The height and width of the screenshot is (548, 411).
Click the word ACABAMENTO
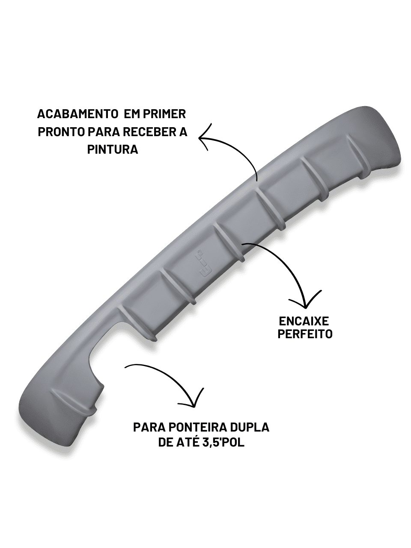point(77,114)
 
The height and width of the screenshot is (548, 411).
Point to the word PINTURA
point(113,150)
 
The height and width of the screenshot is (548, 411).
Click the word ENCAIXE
point(304,321)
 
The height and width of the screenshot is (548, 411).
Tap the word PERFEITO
point(305,334)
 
